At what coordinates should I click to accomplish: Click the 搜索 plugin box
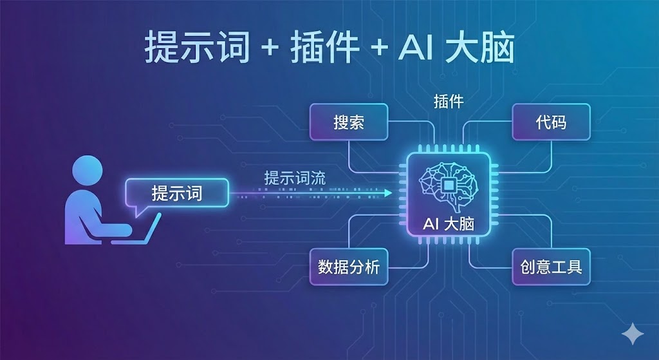pos(349,122)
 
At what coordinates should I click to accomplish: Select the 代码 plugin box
pos(551,122)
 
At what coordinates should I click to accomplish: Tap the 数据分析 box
pos(349,266)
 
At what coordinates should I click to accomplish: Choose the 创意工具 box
pos(551,266)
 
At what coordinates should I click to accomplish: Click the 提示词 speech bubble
pos(176,193)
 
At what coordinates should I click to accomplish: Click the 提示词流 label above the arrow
pos(295,178)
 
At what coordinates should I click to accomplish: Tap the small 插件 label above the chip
pos(449,101)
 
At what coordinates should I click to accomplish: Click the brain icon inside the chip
pos(449,184)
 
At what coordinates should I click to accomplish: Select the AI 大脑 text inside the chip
pos(449,224)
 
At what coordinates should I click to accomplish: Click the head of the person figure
pos(87,173)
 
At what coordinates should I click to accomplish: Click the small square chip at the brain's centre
pos(449,184)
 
